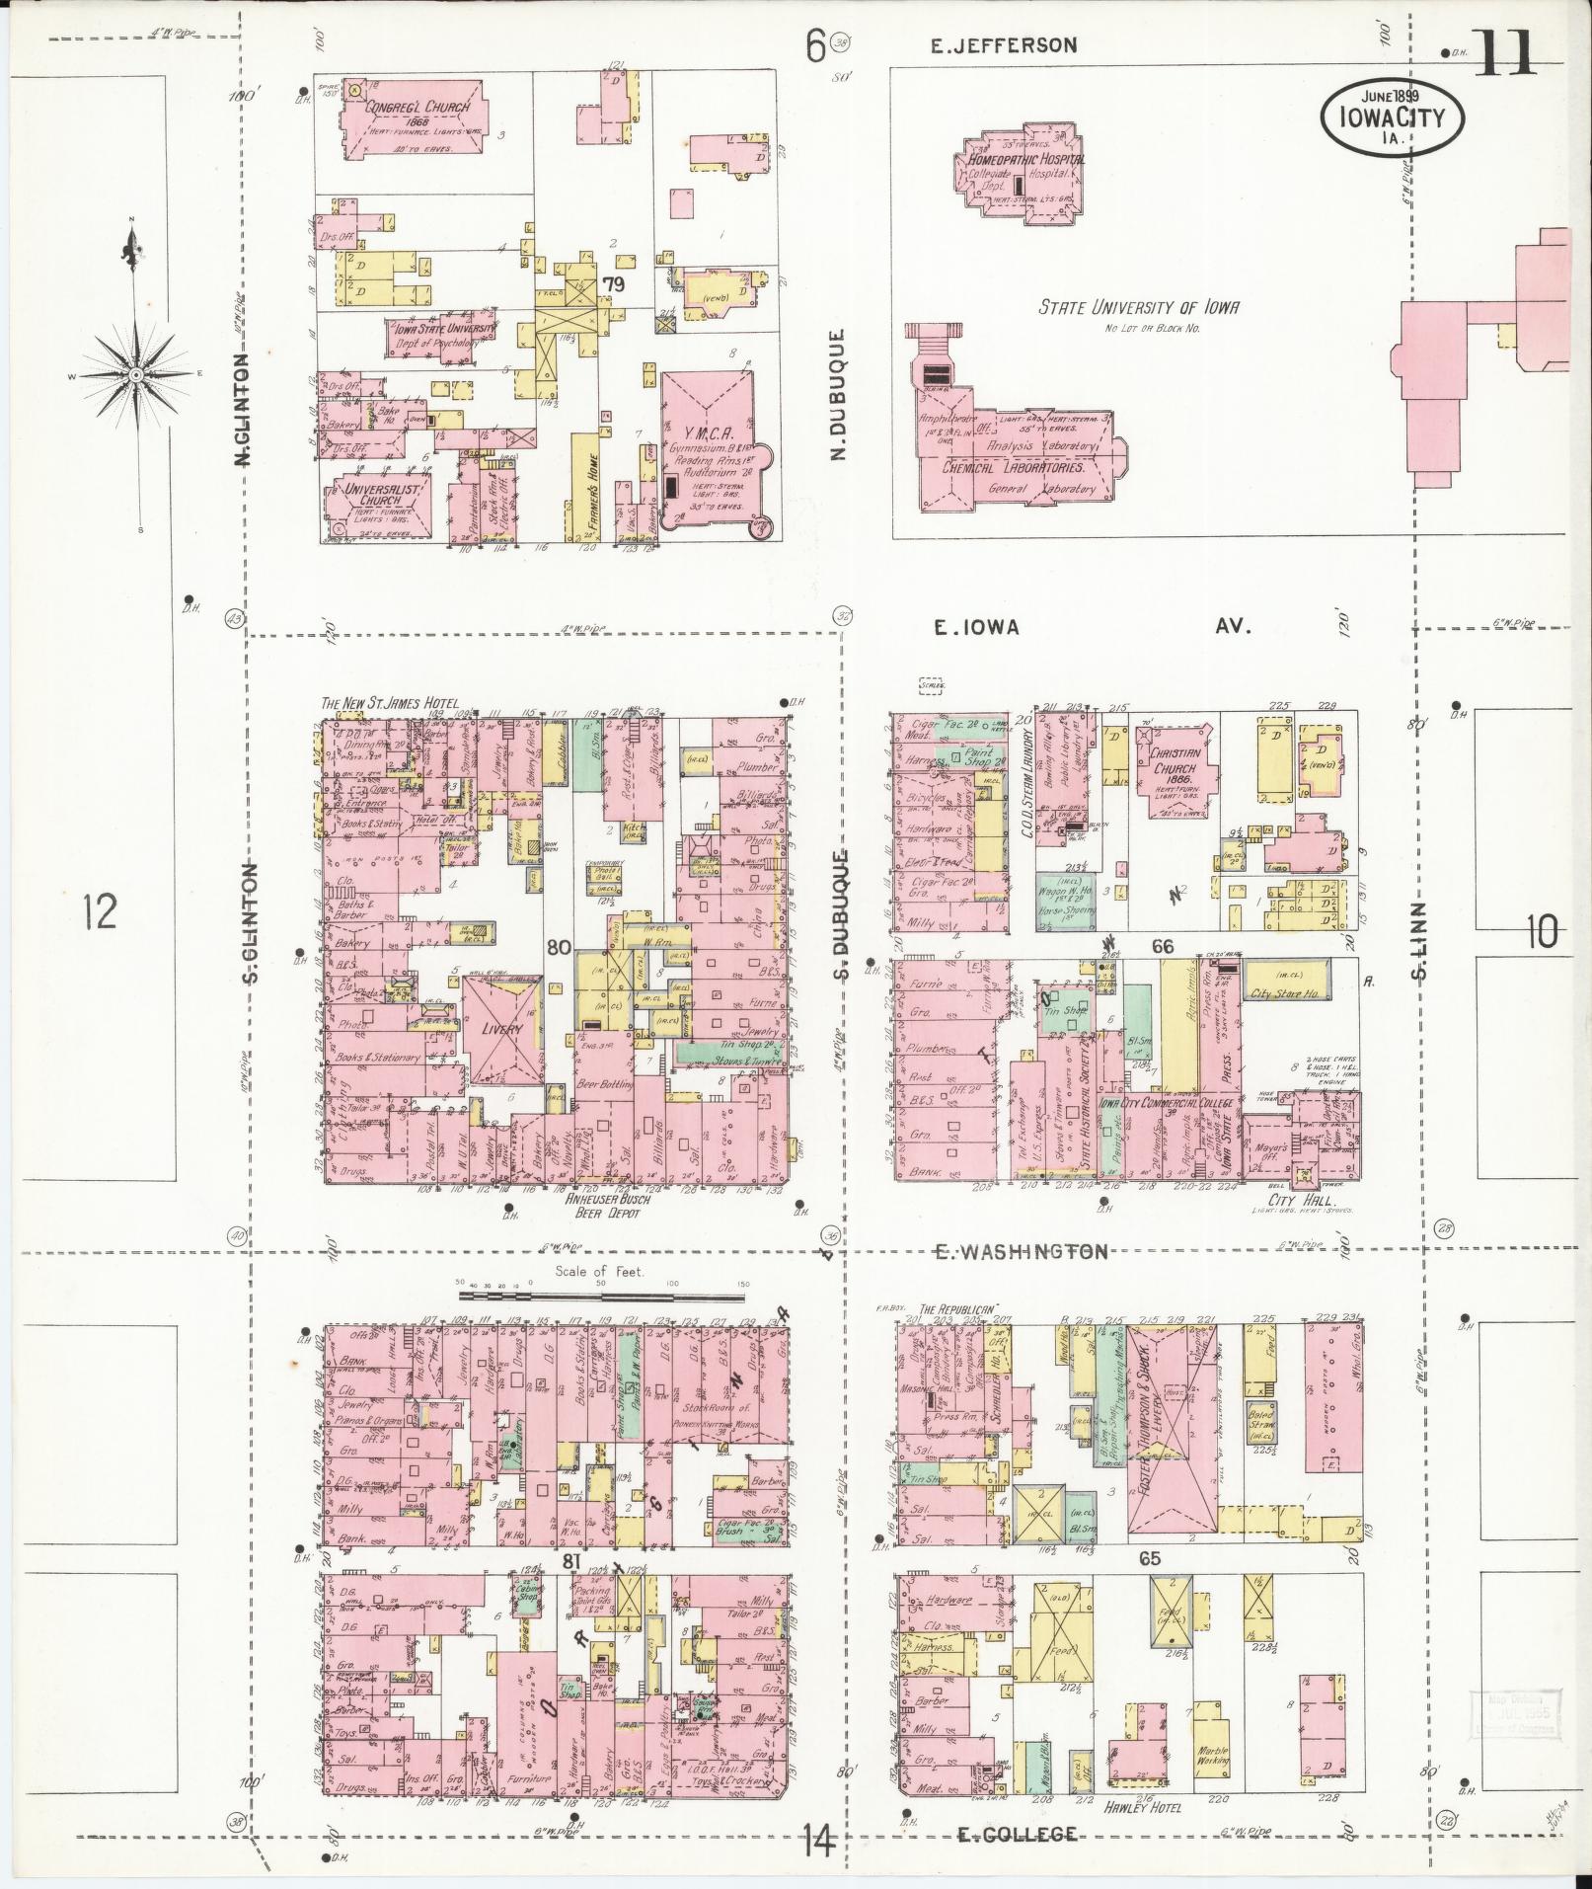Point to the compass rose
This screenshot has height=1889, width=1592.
tap(135, 375)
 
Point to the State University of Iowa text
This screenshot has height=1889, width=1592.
tap(1137, 307)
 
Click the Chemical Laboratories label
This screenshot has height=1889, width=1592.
tap(1020, 468)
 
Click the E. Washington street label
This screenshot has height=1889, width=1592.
tap(1021, 1251)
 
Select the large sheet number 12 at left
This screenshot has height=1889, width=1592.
tap(100, 910)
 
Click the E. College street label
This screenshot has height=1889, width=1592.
tap(1017, 1835)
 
